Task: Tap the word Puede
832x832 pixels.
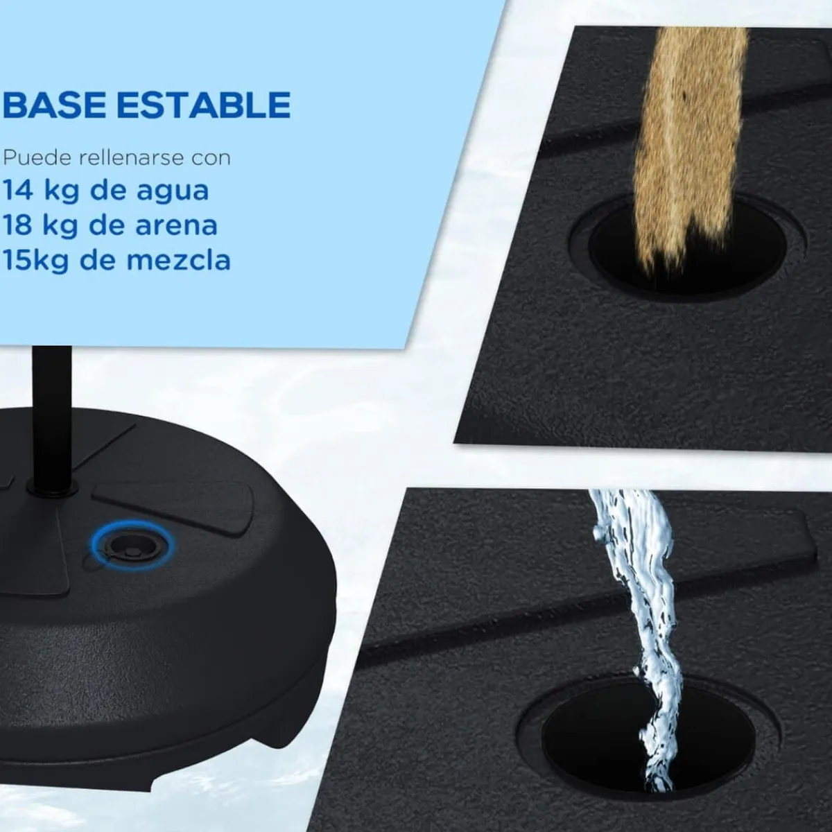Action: pyautogui.click(x=37, y=158)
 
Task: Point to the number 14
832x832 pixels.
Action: pyautogui.click(x=18, y=191)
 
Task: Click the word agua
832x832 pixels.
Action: pyautogui.click(x=173, y=193)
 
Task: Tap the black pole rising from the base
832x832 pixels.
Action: pyautogui.click(x=53, y=415)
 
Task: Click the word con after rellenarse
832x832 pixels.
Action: pyautogui.click(x=211, y=159)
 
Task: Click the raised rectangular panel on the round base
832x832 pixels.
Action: pyautogui.click(x=173, y=502)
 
